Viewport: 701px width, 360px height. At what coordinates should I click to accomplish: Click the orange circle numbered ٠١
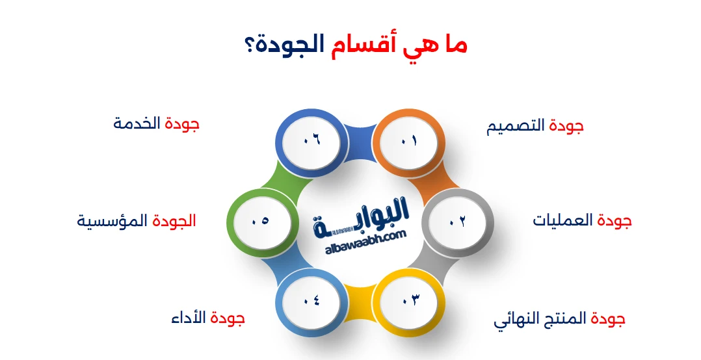[405, 140]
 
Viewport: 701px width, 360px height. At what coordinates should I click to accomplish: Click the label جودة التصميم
[535, 127]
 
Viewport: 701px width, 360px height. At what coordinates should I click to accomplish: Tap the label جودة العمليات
[582, 221]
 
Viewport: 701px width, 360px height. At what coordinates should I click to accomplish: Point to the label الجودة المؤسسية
[137, 221]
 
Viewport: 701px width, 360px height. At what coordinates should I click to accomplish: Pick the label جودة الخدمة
[156, 123]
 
